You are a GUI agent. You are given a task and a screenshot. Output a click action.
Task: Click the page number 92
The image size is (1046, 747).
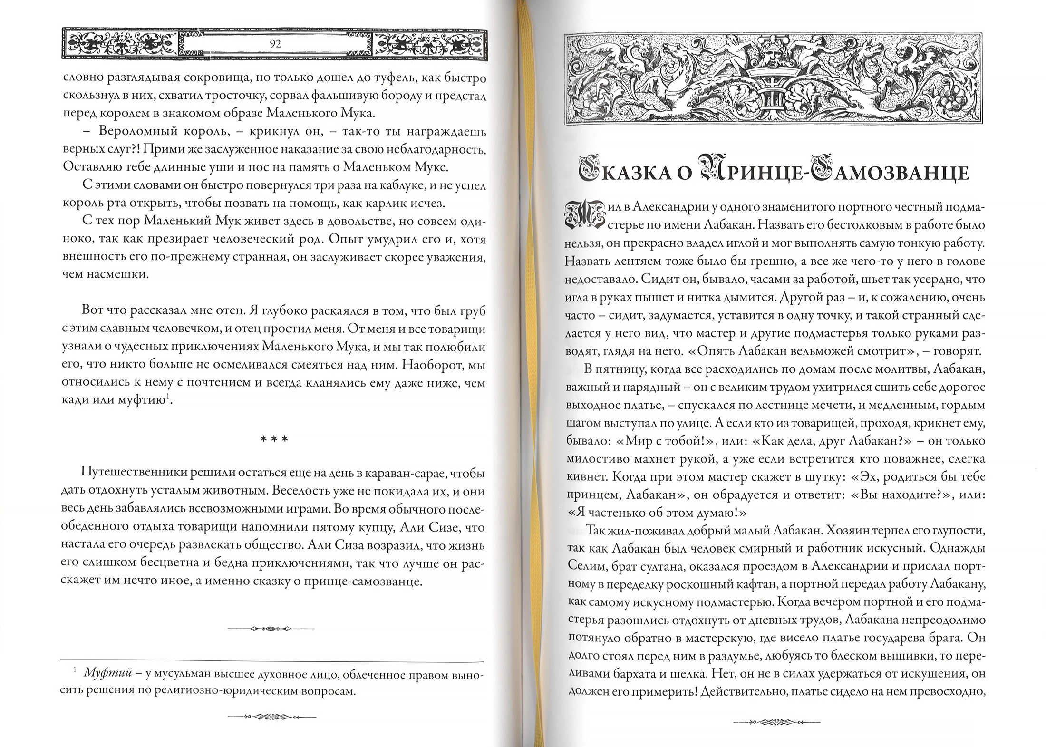click(275, 44)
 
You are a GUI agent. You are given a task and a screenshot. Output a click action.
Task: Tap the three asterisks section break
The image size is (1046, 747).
click(274, 439)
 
